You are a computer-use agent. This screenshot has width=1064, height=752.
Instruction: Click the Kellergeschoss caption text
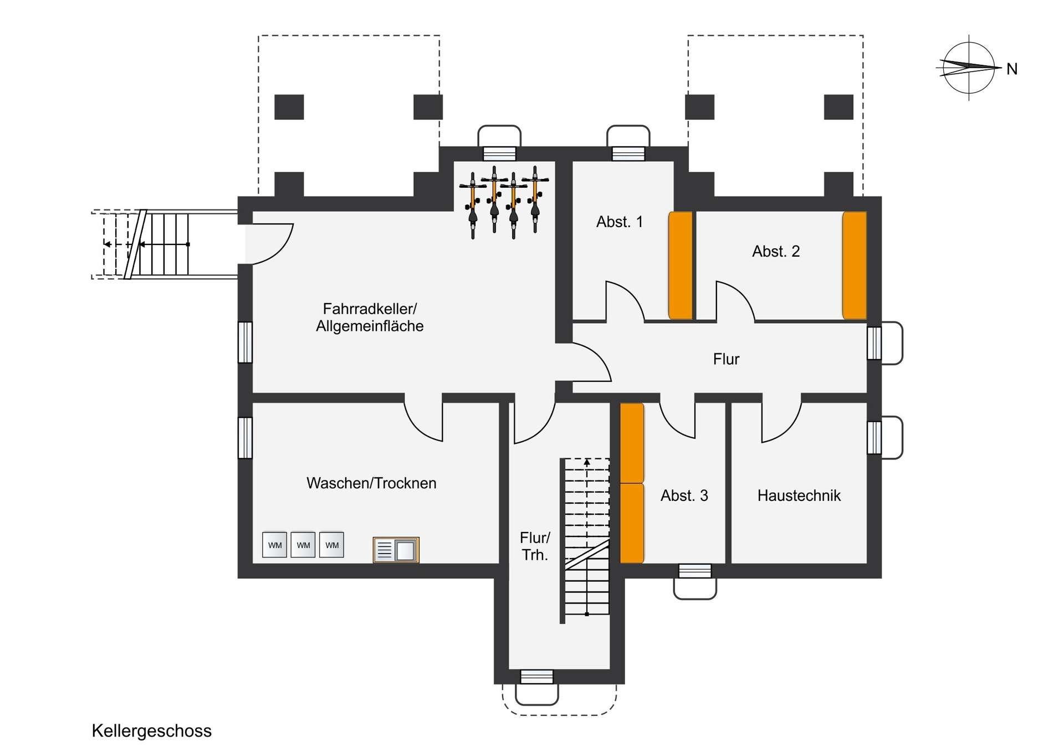[x=151, y=731]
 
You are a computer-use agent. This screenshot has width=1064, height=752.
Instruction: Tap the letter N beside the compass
[x=1012, y=69]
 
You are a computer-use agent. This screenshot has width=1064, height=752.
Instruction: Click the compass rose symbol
[x=969, y=68]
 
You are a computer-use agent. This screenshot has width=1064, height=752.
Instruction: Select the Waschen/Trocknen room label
[x=371, y=483]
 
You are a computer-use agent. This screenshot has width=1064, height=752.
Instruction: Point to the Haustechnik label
[x=799, y=495]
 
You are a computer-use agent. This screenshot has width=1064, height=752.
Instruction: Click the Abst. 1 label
[x=620, y=222]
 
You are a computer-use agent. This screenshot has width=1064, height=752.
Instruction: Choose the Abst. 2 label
[x=776, y=252]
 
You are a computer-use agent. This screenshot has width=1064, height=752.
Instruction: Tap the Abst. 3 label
[x=684, y=495]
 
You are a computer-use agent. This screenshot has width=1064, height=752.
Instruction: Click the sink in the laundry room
[x=396, y=550]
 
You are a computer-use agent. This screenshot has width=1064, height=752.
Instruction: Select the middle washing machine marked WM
[x=303, y=545]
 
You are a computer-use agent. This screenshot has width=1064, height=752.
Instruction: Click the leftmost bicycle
[x=473, y=206]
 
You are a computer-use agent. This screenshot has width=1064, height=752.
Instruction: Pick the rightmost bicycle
[x=535, y=199]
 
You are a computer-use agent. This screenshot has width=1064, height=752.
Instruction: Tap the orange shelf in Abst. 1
[x=681, y=265]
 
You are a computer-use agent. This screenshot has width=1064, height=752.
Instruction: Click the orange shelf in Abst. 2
[x=855, y=265]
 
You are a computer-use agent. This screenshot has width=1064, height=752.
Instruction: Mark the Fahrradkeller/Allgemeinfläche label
[x=370, y=318]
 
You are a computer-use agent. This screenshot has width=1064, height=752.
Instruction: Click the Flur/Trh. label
[x=535, y=546]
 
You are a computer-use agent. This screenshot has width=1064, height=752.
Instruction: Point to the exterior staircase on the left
[x=165, y=244]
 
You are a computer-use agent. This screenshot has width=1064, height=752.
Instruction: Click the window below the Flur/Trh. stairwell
[x=537, y=677]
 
